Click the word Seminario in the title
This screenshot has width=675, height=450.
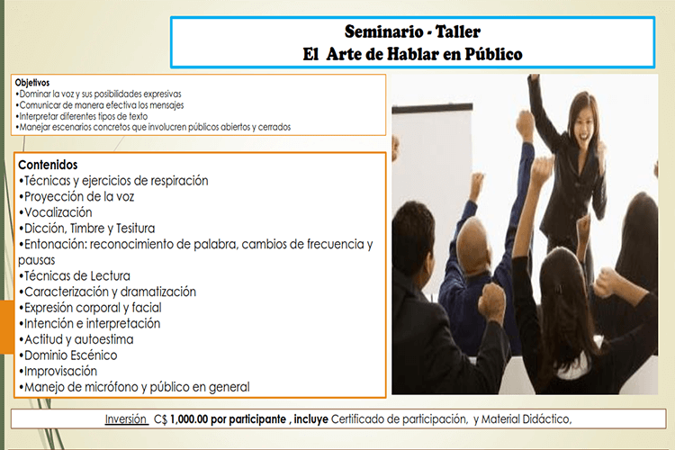tap(383, 31)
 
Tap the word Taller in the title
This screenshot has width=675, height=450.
tap(457, 31)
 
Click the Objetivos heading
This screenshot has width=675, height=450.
tap(32, 83)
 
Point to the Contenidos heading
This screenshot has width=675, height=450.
tap(48, 165)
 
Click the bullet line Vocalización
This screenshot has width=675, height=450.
tap(56, 212)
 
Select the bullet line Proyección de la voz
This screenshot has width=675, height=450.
tap(76, 197)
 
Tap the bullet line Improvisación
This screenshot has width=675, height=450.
tap(58, 371)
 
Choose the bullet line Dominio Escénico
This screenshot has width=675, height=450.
tap(68, 355)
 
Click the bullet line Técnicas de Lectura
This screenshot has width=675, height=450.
tap(75, 276)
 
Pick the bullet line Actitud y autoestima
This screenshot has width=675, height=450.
tap(76, 339)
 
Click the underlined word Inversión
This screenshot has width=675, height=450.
tap(126, 419)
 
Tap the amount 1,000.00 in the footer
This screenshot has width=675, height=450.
tap(189, 419)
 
